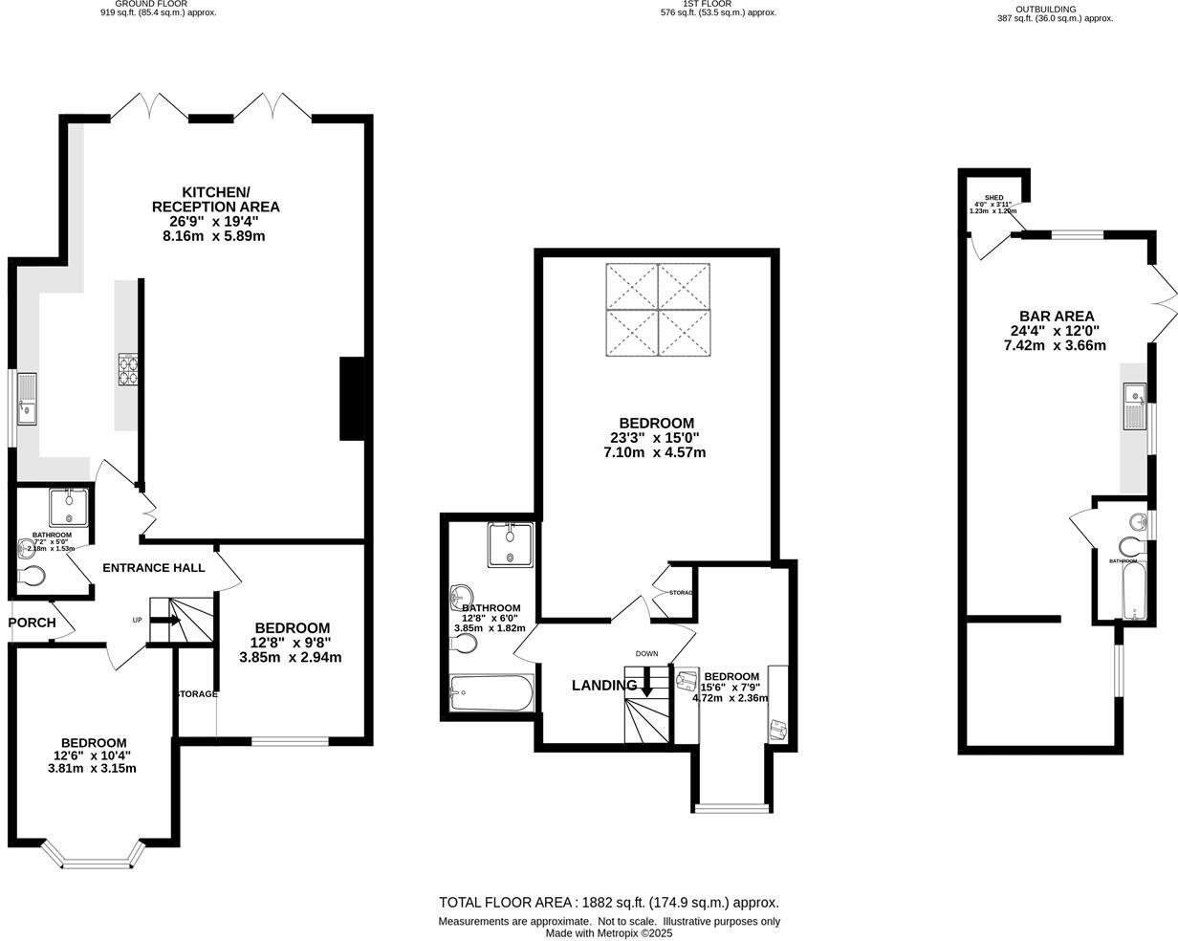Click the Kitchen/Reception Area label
pyautogui.click(x=215, y=199)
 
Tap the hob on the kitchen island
pyautogui.click(x=128, y=369)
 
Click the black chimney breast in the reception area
pyautogui.click(x=352, y=399)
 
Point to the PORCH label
pyautogui.click(x=32, y=623)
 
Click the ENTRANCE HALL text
pyautogui.click(x=153, y=568)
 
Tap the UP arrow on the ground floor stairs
pyautogui.click(x=164, y=620)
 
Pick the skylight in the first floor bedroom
pyautogui.click(x=658, y=310)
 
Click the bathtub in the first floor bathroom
pyautogui.click(x=491, y=693)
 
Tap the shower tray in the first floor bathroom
pyautogui.click(x=510, y=544)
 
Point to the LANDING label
pyautogui.click(x=604, y=686)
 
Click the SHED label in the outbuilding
pyautogui.click(x=993, y=198)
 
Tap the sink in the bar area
pyautogui.click(x=1135, y=394)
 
